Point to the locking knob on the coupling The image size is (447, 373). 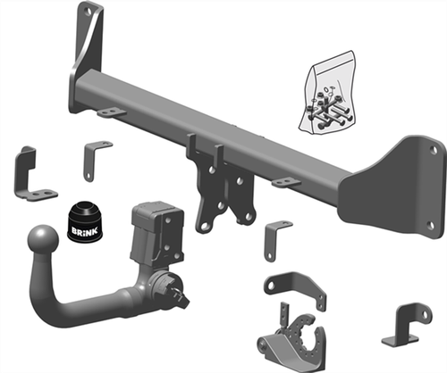coord(176,287)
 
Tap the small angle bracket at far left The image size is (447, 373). coord(29,175)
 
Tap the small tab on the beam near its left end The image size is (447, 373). coord(111,112)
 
